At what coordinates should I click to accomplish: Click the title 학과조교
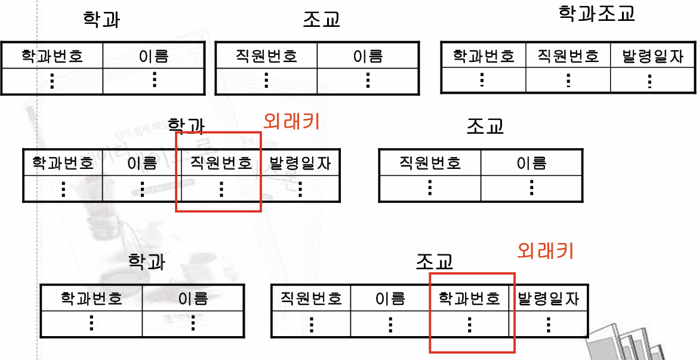596,13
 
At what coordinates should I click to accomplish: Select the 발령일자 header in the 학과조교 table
652,56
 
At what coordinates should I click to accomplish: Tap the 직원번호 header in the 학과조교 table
568,56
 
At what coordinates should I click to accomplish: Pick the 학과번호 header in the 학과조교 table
483,56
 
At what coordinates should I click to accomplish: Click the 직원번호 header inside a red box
221,163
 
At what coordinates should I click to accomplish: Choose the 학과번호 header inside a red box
469,298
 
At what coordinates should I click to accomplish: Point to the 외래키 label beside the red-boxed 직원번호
291,121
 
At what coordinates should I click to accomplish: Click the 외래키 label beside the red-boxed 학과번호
545,251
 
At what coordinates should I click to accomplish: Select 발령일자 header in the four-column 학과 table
300,163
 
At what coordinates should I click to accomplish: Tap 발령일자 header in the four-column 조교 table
549,298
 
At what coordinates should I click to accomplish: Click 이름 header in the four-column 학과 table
142,163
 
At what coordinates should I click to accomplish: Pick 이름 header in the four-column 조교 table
390,298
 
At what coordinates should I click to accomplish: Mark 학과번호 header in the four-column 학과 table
63,163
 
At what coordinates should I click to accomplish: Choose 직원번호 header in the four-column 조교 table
311,298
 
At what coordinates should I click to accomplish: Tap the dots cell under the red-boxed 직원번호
221,189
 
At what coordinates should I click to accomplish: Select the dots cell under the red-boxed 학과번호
469,324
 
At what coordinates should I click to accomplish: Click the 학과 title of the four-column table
186,125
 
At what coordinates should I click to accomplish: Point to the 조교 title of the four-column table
435,261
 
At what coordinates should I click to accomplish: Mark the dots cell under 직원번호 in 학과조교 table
568,81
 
